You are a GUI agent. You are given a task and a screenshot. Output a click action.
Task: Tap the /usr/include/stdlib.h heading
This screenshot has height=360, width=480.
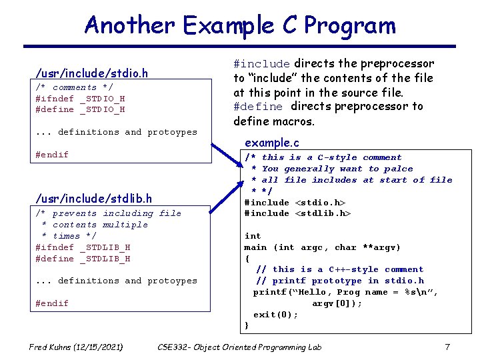click(x=93, y=198)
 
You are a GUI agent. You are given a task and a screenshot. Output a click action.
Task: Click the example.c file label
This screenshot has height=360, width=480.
click(x=272, y=143)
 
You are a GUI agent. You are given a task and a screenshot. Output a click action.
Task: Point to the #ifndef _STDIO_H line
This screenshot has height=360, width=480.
click(x=80, y=99)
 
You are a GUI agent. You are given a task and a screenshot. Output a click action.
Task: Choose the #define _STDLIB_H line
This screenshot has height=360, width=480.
click(x=83, y=259)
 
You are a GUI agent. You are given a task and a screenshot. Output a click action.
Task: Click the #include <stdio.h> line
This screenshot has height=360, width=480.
click(x=295, y=203)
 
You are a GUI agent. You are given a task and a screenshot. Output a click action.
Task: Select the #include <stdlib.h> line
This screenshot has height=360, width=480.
click(x=297, y=213)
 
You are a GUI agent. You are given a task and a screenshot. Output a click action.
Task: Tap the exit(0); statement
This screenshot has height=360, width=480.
click(x=275, y=315)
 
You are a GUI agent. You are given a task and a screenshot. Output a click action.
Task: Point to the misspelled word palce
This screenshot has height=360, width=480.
click(x=398, y=169)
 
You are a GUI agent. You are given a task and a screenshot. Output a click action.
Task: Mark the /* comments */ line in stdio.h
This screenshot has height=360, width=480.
click(x=75, y=87)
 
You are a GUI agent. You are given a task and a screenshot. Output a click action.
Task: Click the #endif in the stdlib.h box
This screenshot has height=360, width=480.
click(x=52, y=303)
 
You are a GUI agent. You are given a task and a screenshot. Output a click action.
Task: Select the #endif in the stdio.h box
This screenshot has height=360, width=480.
click(x=52, y=155)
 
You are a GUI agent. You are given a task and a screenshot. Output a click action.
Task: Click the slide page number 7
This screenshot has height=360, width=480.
click(x=447, y=347)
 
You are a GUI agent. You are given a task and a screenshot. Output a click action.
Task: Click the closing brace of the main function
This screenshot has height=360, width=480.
click(x=247, y=325)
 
